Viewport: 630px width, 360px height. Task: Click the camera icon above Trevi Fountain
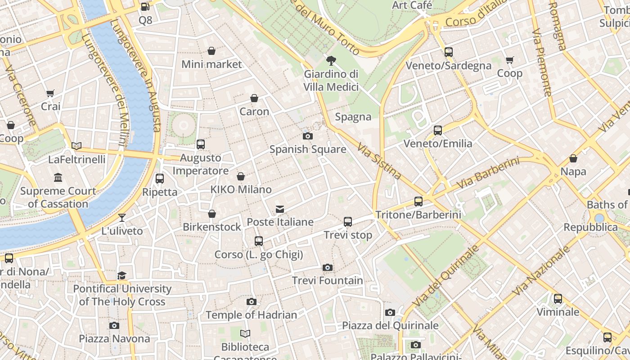(x=328, y=267)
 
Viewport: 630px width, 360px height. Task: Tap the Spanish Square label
(x=308, y=149)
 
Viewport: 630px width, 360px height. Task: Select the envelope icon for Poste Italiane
(x=280, y=209)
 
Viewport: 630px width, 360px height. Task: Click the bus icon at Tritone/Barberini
(x=418, y=201)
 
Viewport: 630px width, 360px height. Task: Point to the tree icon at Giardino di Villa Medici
(x=331, y=60)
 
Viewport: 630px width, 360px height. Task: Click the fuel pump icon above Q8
(x=145, y=7)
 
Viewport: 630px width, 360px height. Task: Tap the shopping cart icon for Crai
(x=50, y=93)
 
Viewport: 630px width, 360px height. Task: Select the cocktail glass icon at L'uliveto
(x=122, y=218)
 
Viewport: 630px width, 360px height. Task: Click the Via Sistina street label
(x=379, y=161)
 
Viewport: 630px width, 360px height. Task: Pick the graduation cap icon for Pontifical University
(x=122, y=275)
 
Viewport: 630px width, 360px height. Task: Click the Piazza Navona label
(x=114, y=338)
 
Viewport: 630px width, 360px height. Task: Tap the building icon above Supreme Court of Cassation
(x=58, y=178)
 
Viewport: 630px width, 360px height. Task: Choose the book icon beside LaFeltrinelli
(x=76, y=146)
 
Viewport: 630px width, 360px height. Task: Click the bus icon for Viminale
(x=558, y=298)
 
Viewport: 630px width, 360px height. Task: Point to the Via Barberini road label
(x=488, y=173)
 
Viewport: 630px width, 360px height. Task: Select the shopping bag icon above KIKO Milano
(x=241, y=176)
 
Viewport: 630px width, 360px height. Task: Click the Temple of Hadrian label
(x=251, y=315)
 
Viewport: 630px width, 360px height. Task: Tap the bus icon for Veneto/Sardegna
(x=448, y=52)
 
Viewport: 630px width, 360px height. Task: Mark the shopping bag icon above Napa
(x=573, y=158)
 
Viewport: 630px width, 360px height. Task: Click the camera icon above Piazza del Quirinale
(x=390, y=312)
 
